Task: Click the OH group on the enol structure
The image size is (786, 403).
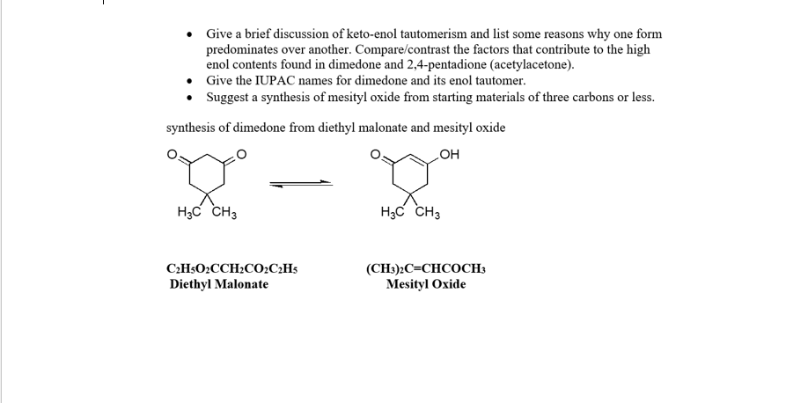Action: click(x=450, y=157)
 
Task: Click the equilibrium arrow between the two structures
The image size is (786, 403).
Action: click(x=301, y=184)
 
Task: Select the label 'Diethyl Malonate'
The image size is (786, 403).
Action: click(x=219, y=284)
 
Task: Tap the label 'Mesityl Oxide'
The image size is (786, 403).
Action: click(x=426, y=284)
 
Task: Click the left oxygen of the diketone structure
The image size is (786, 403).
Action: click(x=173, y=157)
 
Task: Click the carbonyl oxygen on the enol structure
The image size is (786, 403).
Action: click(x=375, y=157)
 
